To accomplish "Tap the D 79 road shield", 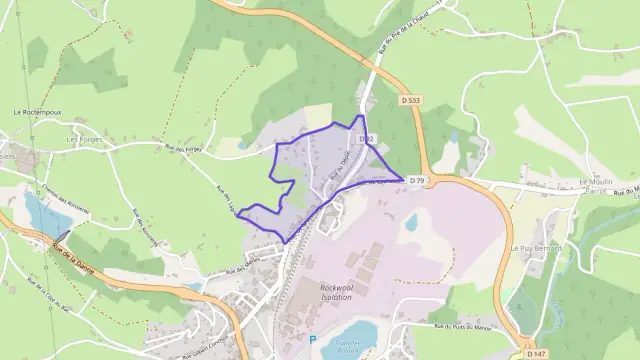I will tap(418, 180).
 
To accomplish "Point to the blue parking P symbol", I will tap(312, 340).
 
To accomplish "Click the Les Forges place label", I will tap(84, 140).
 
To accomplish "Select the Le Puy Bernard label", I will tap(535, 247).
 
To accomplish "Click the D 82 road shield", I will tap(366, 138).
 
